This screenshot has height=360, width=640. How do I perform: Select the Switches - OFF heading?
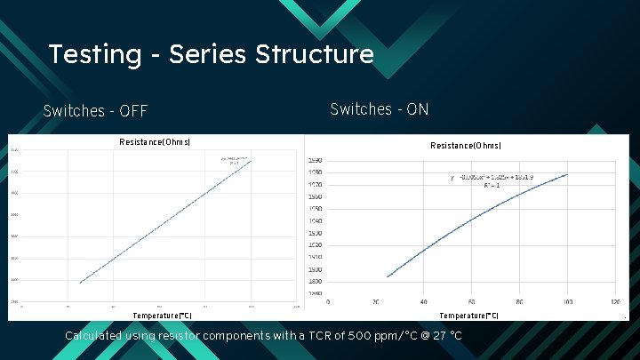pyautogui.click(x=95, y=111)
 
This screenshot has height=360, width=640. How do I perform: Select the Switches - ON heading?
pyautogui.click(x=380, y=109)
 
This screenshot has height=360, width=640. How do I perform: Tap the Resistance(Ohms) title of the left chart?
pyautogui.click(x=155, y=142)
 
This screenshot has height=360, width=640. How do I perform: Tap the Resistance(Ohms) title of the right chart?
pyautogui.click(x=466, y=146)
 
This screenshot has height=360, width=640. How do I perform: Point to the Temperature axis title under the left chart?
pyautogui.click(x=162, y=316)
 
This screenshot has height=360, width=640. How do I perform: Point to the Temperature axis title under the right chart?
pyautogui.click(x=468, y=316)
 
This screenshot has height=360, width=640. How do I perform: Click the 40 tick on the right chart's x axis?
pyautogui.click(x=424, y=300)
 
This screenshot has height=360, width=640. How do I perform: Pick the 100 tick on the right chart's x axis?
pyautogui.click(x=567, y=300)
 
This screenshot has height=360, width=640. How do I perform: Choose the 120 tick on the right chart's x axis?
pyautogui.click(x=614, y=300)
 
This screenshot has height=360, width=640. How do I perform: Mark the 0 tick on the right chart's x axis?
pyautogui.click(x=328, y=300)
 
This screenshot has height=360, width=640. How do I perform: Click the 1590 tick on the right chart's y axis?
pyautogui.click(x=315, y=161)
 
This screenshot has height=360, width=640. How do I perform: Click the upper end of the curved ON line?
pyautogui.click(x=567, y=174)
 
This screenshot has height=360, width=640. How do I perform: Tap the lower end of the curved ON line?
pyautogui.click(x=388, y=276)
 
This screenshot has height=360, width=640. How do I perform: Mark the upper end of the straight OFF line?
pyautogui.click(x=252, y=162)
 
